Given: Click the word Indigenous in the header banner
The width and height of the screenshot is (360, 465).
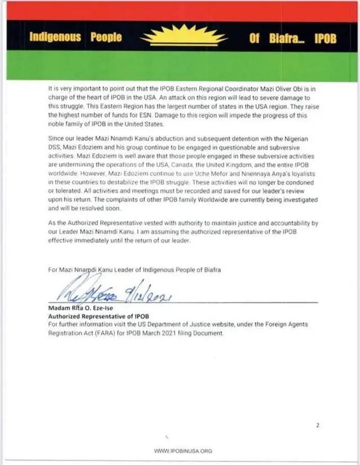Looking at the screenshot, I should pos(55,38).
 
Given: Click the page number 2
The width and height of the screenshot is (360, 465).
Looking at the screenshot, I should pos(318,425).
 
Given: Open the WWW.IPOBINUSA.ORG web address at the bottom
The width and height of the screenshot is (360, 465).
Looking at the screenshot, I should pos(183,451).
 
